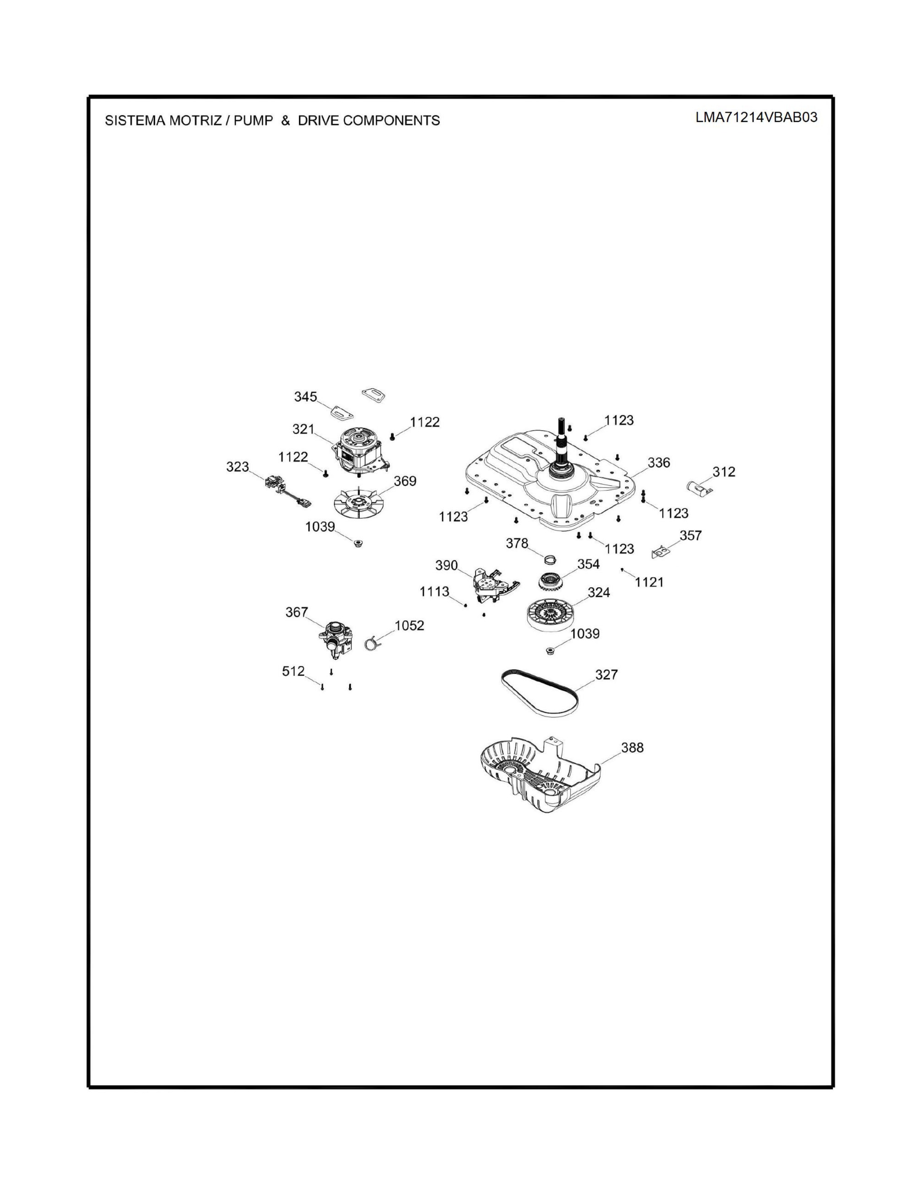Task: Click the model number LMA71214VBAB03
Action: click(x=756, y=117)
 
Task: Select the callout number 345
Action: click(x=305, y=397)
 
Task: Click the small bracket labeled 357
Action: click(x=660, y=552)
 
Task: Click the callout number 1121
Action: click(x=649, y=582)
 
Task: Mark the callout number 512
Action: click(x=293, y=671)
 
